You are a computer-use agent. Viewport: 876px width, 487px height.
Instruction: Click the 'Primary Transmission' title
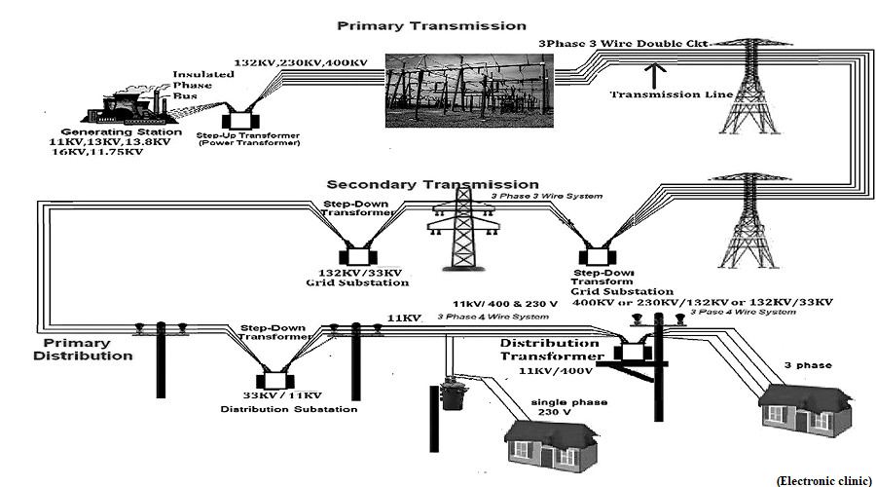(x=431, y=25)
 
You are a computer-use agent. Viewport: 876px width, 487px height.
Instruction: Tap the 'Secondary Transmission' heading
(x=432, y=184)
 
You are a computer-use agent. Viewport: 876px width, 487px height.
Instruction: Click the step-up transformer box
(x=240, y=121)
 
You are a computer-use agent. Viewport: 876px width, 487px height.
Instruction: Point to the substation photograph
(x=469, y=91)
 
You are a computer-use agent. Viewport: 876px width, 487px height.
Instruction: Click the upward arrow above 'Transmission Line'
(x=655, y=75)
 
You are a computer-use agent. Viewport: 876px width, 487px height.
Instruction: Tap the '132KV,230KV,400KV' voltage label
(x=301, y=62)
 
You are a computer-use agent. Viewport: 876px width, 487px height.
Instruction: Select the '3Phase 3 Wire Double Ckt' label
(x=623, y=43)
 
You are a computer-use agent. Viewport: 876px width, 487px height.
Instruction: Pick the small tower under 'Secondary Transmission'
(x=463, y=229)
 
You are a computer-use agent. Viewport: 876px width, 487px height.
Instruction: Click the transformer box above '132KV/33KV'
(x=358, y=256)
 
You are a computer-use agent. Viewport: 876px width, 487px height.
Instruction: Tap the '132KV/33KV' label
(x=360, y=273)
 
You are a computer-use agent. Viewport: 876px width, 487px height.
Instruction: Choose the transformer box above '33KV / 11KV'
(x=274, y=381)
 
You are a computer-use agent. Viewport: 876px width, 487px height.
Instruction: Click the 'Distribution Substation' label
(x=289, y=409)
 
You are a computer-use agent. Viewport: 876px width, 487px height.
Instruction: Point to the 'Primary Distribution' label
(x=83, y=350)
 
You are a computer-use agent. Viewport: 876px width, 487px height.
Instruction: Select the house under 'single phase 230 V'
(x=551, y=444)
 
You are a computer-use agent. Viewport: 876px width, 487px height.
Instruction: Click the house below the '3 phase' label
(x=806, y=410)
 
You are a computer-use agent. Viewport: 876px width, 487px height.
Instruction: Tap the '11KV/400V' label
(x=556, y=371)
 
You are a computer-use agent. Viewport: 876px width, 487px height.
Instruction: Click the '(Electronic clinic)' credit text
(x=824, y=481)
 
